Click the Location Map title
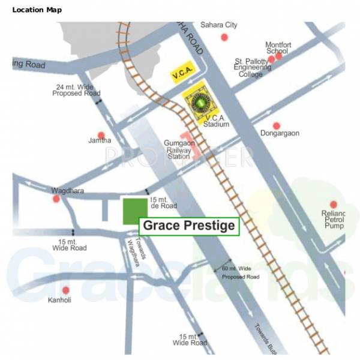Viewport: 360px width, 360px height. (x=36, y=10)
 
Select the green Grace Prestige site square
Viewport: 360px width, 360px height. (x=135, y=212)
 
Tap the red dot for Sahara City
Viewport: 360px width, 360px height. (x=224, y=37)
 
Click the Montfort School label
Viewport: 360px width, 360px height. (x=278, y=47)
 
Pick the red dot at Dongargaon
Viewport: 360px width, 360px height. (x=277, y=126)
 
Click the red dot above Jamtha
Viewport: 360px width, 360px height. (x=101, y=135)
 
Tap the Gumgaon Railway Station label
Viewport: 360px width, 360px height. (x=177, y=150)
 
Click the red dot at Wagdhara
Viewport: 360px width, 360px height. (x=56, y=199)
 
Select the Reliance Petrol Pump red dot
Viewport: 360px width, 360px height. (x=334, y=205)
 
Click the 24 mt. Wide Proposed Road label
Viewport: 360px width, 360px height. (x=75, y=90)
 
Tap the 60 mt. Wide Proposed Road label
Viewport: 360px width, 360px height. (x=240, y=272)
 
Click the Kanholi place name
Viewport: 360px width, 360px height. (x=59, y=299)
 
